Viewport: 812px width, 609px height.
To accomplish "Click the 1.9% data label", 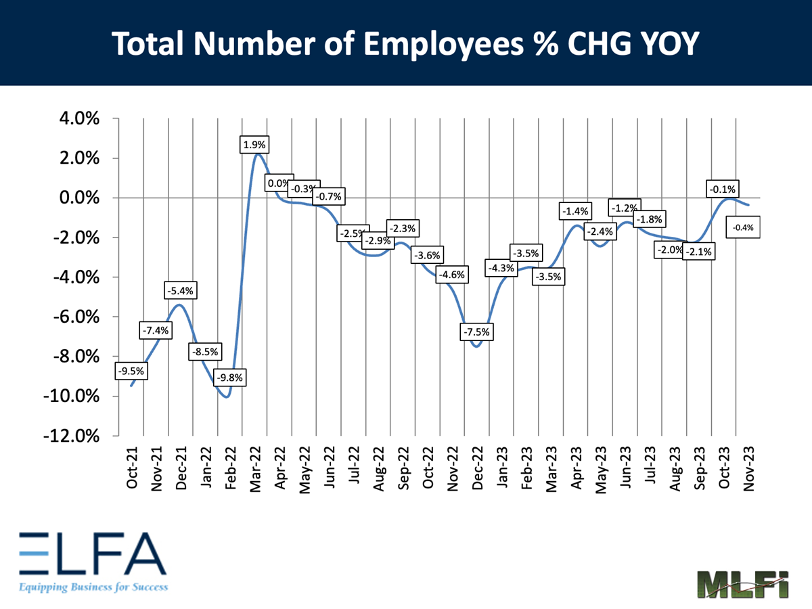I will [256, 145].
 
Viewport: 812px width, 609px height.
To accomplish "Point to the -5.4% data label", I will [180, 291].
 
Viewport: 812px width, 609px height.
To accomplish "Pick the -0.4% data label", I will [744, 228].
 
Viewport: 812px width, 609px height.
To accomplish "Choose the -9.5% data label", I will [131, 371].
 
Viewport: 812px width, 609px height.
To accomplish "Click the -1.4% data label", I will [576, 211].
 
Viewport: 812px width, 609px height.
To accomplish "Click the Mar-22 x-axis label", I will [256, 466].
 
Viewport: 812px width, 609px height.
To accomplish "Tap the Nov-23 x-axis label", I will [748, 466].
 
